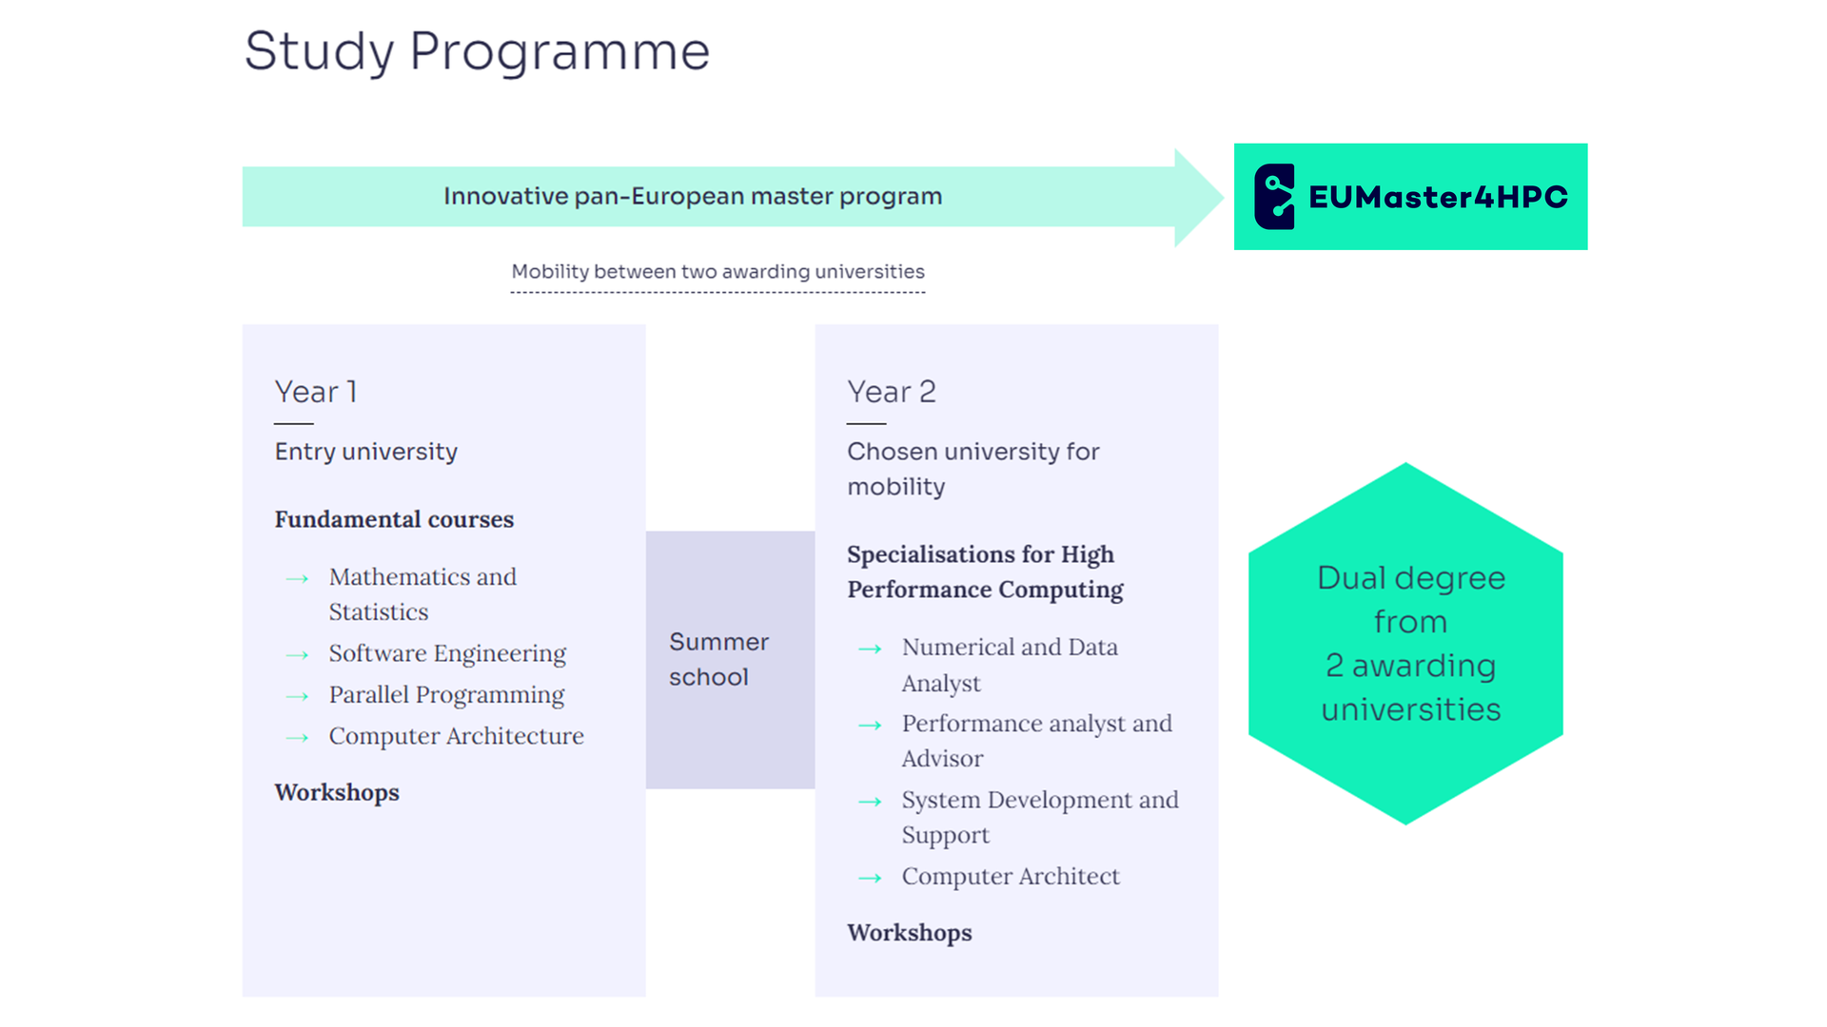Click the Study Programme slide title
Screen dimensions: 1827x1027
477,51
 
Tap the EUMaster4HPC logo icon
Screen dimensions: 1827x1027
1274,197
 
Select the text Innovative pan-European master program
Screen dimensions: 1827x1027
693,196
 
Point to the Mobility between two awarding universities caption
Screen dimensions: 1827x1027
717,271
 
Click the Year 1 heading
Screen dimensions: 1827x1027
315,392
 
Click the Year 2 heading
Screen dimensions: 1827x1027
892,392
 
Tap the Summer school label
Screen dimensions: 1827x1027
718,659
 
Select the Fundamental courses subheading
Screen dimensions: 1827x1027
394,519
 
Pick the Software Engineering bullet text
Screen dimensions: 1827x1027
447,653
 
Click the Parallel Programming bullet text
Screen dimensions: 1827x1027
446,695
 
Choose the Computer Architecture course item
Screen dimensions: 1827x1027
457,736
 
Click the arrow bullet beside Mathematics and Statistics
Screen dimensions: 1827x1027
297,578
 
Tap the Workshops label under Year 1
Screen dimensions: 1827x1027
337,792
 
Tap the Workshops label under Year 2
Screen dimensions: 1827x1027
910,933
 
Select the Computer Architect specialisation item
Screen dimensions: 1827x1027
1011,876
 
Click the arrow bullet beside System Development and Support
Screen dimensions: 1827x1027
870,802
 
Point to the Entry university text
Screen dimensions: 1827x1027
366,452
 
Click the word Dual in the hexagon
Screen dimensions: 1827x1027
1351,578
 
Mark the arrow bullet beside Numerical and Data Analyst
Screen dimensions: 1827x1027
870,649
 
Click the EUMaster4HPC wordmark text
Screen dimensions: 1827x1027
1438,197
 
